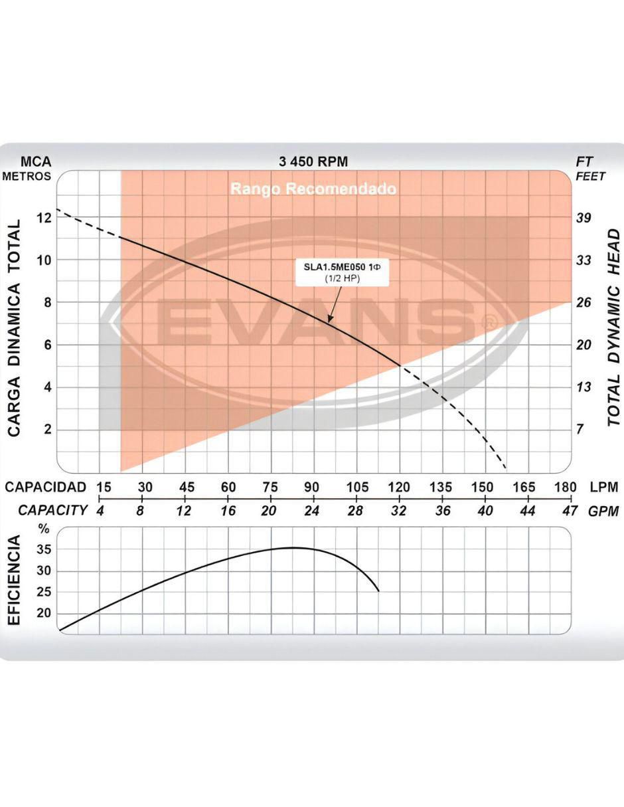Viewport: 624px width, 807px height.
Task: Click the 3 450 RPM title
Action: click(x=313, y=162)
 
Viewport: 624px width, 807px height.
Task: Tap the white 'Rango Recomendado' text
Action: click(x=313, y=189)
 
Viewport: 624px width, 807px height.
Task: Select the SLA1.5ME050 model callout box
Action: click(x=342, y=274)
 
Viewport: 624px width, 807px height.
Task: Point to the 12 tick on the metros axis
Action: click(x=44, y=218)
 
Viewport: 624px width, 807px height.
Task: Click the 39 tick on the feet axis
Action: click(x=584, y=218)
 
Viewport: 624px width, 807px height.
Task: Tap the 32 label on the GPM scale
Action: click(x=399, y=511)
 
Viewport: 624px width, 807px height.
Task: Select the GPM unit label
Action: click(x=603, y=511)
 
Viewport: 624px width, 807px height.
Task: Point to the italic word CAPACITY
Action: click(x=52, y=511)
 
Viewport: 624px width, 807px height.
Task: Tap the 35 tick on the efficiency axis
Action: click(x=44, y=551)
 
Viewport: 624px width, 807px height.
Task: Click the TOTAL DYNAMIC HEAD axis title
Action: click(x=614, y=327)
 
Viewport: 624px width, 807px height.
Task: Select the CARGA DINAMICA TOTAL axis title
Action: click(x=14, y=327)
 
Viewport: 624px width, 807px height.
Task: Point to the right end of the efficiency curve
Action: click(x=378, y=591)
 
